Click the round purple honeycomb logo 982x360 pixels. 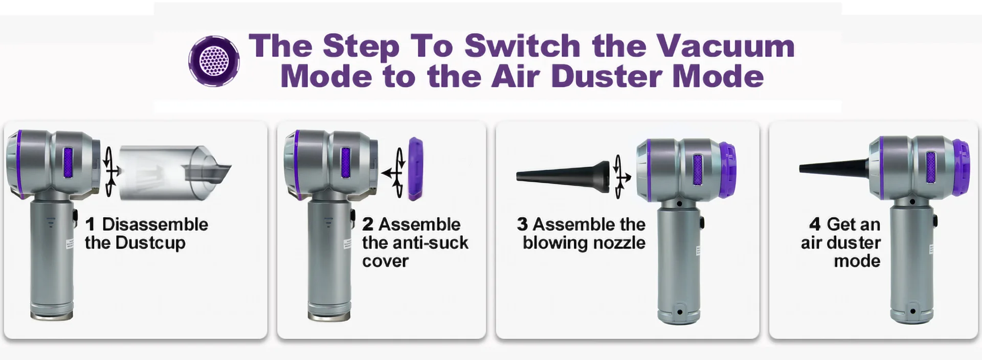[x=214, y=61]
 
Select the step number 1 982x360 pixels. [x=91, y=224]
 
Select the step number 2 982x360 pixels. [x=368, y=224]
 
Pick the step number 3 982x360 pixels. [x=522, y=224]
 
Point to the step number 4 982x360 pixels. [x=815, y=224]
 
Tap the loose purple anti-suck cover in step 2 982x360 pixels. [x=415, y=168]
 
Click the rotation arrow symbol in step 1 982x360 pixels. [x=110, y=172]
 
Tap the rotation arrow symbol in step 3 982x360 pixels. [x=621, y=177]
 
